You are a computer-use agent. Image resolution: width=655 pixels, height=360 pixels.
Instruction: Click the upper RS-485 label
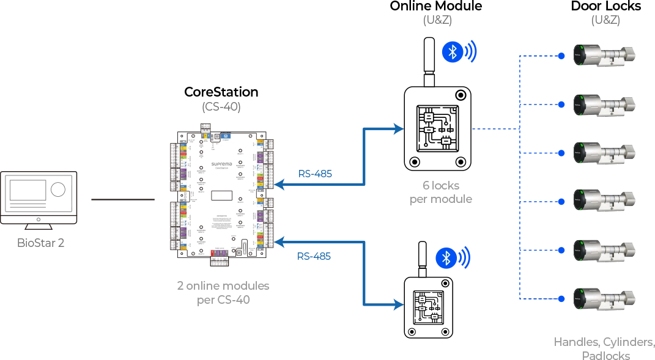[x=316, y=174]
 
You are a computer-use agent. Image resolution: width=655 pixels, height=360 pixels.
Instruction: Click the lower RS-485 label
[x=316, y=256]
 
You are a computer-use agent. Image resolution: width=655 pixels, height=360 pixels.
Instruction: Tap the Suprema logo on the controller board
[x=221, y=164]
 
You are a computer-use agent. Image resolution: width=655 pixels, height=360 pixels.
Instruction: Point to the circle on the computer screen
[x=57, y=189]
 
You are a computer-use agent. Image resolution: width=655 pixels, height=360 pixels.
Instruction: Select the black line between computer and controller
[x=122, y=198]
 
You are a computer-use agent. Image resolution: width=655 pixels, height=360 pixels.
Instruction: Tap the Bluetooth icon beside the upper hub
[x=452, y=52]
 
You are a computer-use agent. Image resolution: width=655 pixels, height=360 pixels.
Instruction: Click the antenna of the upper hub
[x=429, y=61]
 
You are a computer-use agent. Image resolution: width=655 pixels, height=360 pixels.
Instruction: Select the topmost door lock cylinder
[x=604, y=55]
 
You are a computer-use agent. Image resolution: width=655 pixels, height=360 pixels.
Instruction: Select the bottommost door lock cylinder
[x=604, y=298]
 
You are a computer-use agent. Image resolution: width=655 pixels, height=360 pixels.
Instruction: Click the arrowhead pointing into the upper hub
[x=399, y=129]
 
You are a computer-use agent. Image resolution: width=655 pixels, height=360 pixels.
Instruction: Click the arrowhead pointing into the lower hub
[x=399, y=306]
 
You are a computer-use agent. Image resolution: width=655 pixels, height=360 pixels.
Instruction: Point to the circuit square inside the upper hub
[x=437, y=129]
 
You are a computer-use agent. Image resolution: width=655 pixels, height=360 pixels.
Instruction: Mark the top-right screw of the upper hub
[x=459, y=96]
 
